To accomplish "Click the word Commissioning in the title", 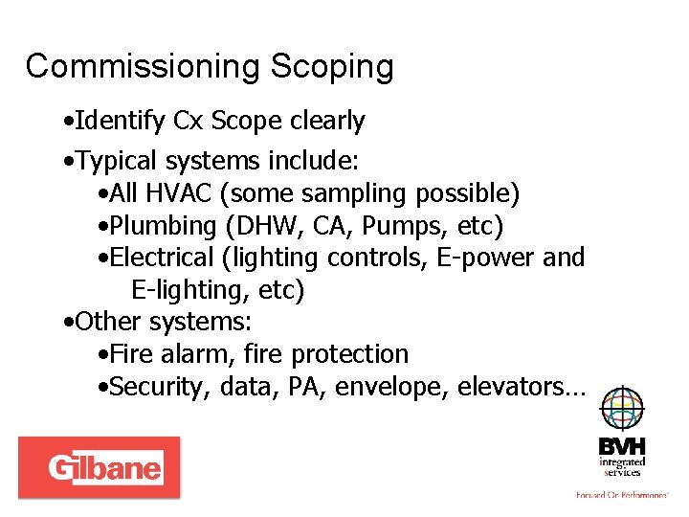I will [143, 67].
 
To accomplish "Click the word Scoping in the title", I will [332, 67].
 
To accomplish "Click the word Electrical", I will [162, 258].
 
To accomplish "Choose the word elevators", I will [521, 387].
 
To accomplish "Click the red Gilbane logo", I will [99, 467].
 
